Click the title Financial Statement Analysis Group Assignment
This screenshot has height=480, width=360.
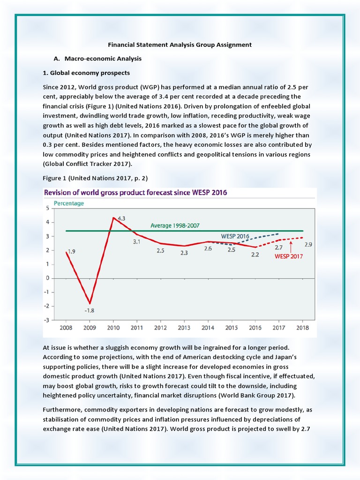[x=180, y=45]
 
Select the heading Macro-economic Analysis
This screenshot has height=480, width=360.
[x=101, y=59]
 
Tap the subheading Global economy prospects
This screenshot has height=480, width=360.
[x=86, y=73]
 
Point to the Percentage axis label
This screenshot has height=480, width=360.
[x=69, y=203]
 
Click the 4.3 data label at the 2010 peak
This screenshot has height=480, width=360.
[x=121, y=218]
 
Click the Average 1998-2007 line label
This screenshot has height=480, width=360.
[x=175, y=225]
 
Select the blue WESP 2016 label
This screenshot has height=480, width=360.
[x=235, y=236]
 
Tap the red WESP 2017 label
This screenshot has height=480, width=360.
[x=288, y=256]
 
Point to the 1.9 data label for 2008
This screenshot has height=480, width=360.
[x=71, y=251]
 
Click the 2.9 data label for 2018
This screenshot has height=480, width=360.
[x=308, y=244]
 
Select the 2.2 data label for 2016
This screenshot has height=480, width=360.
[x=255, y=255]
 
